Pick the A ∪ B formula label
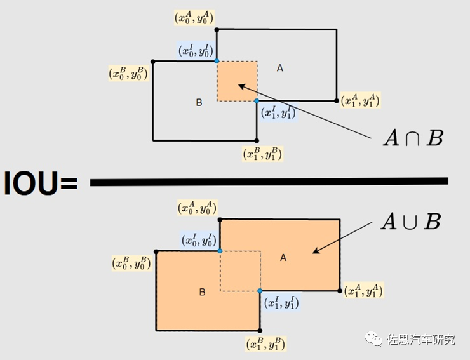[x=410, y=222]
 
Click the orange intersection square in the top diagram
[x=236, y=81]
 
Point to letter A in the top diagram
[x=279, y=68]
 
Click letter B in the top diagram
[x=199, y=102]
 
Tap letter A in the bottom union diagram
[x=283, y=257]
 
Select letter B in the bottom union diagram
[x=202, y=292]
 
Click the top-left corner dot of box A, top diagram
[x=217, y=29]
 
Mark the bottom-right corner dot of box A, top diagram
[x=337, y=100]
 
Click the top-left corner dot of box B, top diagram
[x=153, y=62]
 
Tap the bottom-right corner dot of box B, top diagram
[x=257, y=140]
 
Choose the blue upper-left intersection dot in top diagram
[x=217, y=61]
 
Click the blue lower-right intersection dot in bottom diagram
[x=260, y=291]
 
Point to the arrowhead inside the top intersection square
[x=240, y=84]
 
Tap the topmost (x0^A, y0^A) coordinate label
[x=196, y=17]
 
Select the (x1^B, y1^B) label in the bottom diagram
[x=265, y=344]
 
